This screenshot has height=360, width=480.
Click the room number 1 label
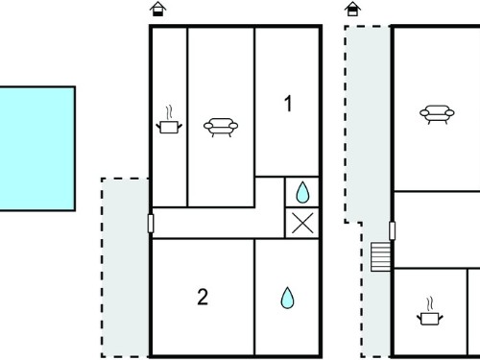pos(288,104)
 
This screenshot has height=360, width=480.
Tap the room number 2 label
pos(203,297)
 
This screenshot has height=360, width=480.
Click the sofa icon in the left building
pos(221,127)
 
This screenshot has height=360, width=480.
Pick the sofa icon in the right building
pos(437,114)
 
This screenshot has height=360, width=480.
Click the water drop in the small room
pos(302,192)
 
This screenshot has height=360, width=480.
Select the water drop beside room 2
pos(287,298)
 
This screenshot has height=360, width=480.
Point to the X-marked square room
pos(302,223)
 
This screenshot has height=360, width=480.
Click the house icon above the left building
pos(158,9)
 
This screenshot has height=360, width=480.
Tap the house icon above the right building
pos(352,9)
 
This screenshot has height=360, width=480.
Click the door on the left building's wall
pos(151,224)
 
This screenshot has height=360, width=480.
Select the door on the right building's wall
pos(393,230)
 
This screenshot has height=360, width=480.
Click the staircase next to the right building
pos(381,257)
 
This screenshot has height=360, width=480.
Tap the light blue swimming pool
pos(37,149)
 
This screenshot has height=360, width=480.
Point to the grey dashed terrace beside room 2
pos(125,268)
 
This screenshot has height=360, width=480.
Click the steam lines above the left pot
pos(169,112)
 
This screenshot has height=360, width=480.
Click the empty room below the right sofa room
pos(437,229)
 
